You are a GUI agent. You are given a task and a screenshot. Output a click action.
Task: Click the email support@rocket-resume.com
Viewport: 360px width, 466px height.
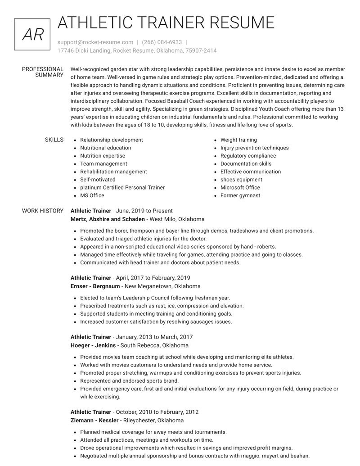(95, 42)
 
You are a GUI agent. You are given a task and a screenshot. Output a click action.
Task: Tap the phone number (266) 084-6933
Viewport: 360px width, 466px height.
(162, 42)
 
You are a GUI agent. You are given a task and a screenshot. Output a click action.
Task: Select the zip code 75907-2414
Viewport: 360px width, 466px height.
(201, 50)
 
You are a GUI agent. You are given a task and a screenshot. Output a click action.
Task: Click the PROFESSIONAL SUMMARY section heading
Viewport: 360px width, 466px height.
(43, 72)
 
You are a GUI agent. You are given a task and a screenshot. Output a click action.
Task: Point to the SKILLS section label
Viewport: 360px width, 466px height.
(54, 140)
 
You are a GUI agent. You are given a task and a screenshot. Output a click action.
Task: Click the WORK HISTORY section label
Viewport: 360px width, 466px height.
(43, 211)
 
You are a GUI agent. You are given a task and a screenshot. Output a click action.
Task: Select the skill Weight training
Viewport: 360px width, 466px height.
(238, 140)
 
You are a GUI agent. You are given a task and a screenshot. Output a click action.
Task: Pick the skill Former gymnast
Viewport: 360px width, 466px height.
(240, 195)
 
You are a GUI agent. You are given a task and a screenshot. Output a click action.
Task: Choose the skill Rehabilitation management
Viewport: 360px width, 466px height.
(113, 172)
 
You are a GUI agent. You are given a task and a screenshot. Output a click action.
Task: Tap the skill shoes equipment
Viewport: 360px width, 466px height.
(241, 180)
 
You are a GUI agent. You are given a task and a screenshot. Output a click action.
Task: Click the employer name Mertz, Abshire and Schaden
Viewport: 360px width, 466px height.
(108, 219)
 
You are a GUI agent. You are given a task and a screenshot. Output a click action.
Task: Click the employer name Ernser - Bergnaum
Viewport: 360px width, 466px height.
(95, 286)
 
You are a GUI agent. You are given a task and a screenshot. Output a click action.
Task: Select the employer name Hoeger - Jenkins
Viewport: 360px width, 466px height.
(93, 345)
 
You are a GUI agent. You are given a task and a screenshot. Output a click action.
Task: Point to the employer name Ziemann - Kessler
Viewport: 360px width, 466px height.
(94, 421)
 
